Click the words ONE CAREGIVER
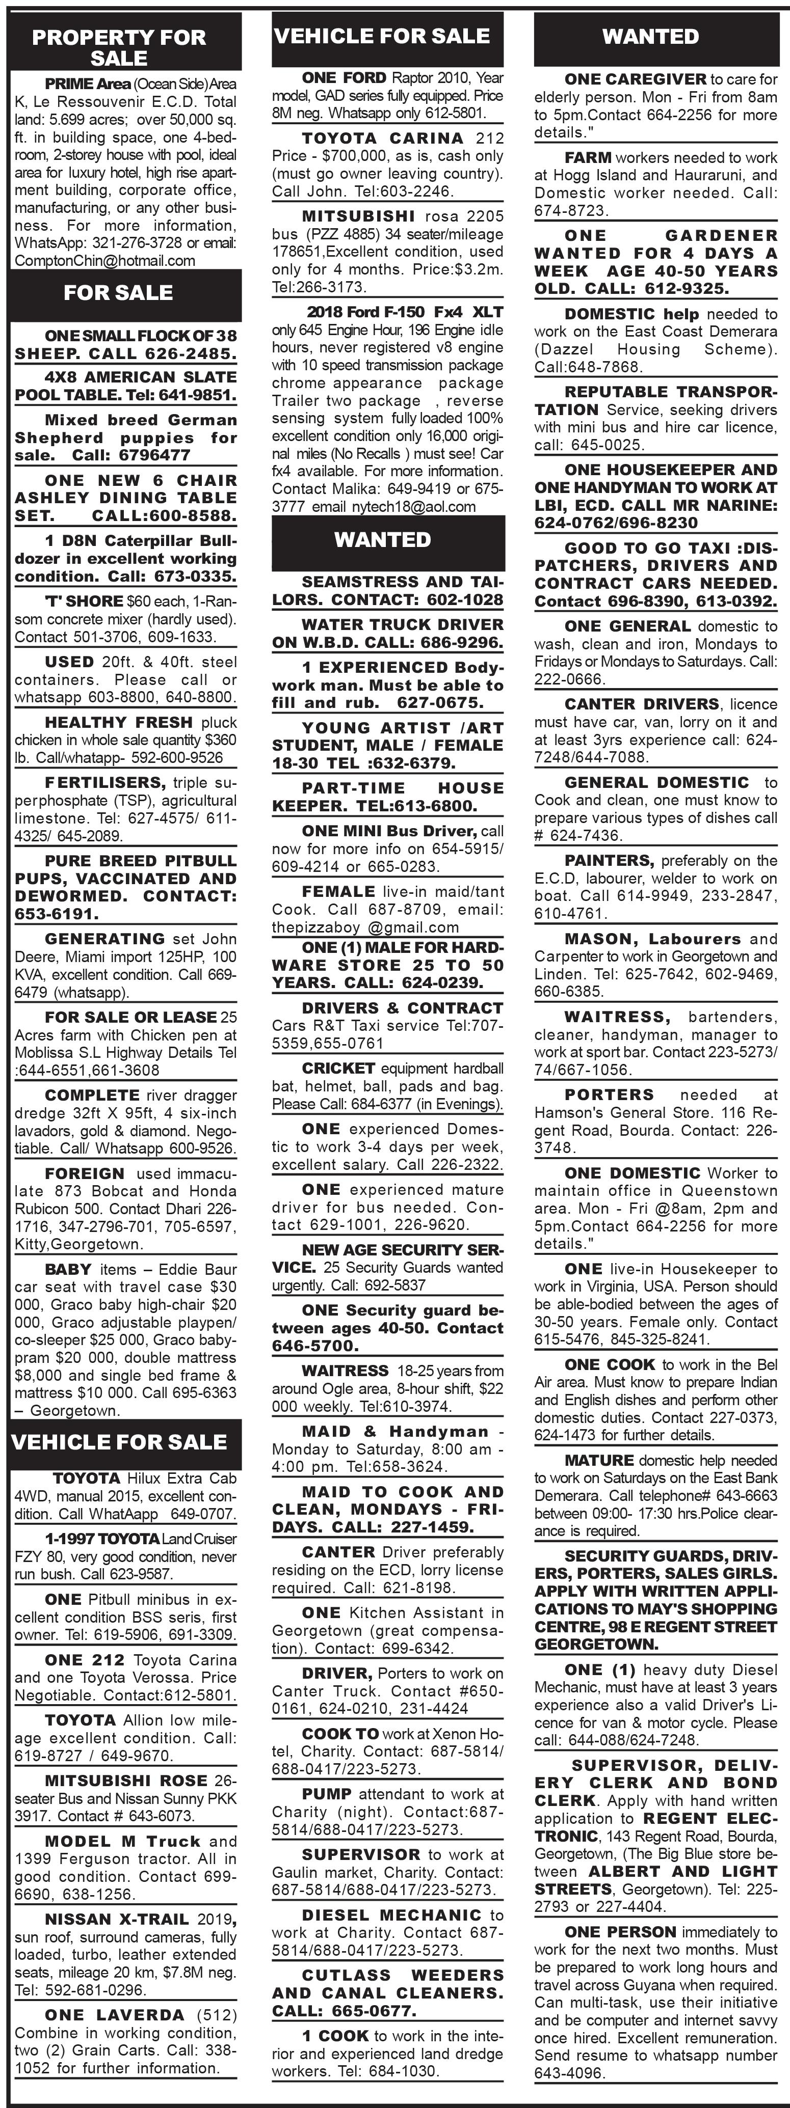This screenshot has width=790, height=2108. (x=635, y=79)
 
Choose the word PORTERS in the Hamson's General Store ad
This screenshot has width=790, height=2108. (x=609, y=1095)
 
